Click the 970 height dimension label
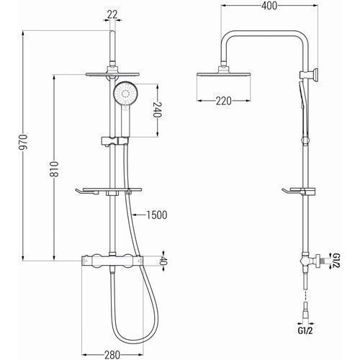pyautogui.click(x=24, y=142)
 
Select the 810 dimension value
pyautogui.click(x=54, y=169)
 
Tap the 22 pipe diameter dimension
pyautogui.click(x=112, y=14)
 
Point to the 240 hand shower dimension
pyautogui.click(x=158, y=109)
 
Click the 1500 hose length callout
pyautogui.click(x=157, y=215)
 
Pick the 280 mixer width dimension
pyautogui.click(x=112, y=354)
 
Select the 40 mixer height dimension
pyautogui.click(x=163, y=261)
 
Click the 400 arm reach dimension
pyautogui.click(x=269, y=6)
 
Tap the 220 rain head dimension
pyautogui.click(x=224, y=101)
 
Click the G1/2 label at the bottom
pyautogui.click(x=305, y=330)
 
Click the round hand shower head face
pyautogui.click(x=125, y=92)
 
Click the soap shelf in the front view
pyautogui.click(x=109, y=191)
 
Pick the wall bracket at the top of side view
pyautogui.click(x=310, y=75)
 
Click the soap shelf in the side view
pyautogui.click(x=299, y=192)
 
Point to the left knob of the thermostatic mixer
pyautogui.click(x=96, y=261)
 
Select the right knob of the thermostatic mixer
pyautogui.click(x=128, y=261)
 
